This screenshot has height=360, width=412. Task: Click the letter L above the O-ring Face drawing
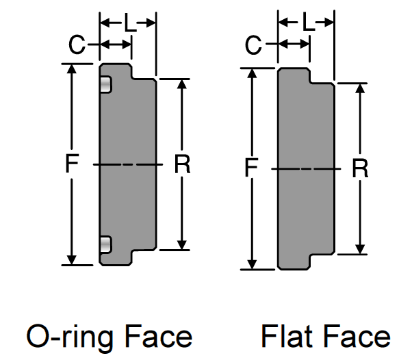pos(129,24)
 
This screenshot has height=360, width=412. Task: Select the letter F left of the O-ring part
pos(71,164)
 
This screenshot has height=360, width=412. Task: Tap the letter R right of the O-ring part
pos(182,164)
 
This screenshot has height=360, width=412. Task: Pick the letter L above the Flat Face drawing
pos(307,24)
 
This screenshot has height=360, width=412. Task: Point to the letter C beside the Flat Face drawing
pos(255,47)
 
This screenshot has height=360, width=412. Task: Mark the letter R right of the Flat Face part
pos(360,168)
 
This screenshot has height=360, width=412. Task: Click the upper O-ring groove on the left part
pos(105,84)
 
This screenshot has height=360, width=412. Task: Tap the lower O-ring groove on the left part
pos(105,244)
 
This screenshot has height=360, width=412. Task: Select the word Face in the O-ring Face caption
pos(156,336)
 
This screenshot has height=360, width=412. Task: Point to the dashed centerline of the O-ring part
pos(128,164)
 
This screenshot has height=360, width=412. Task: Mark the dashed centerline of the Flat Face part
pos(307,168)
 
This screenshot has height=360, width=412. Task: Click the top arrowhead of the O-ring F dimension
pos(71,69)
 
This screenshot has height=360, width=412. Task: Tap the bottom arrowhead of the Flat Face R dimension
pos(360,249)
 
